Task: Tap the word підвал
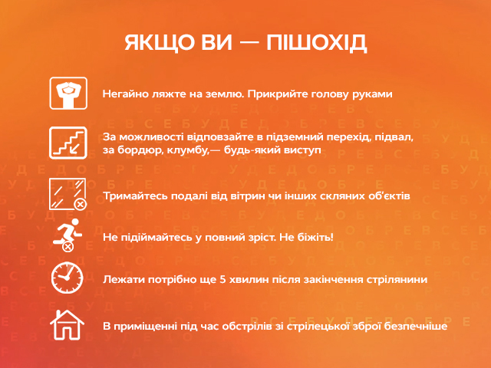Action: [x=393, y=136]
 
